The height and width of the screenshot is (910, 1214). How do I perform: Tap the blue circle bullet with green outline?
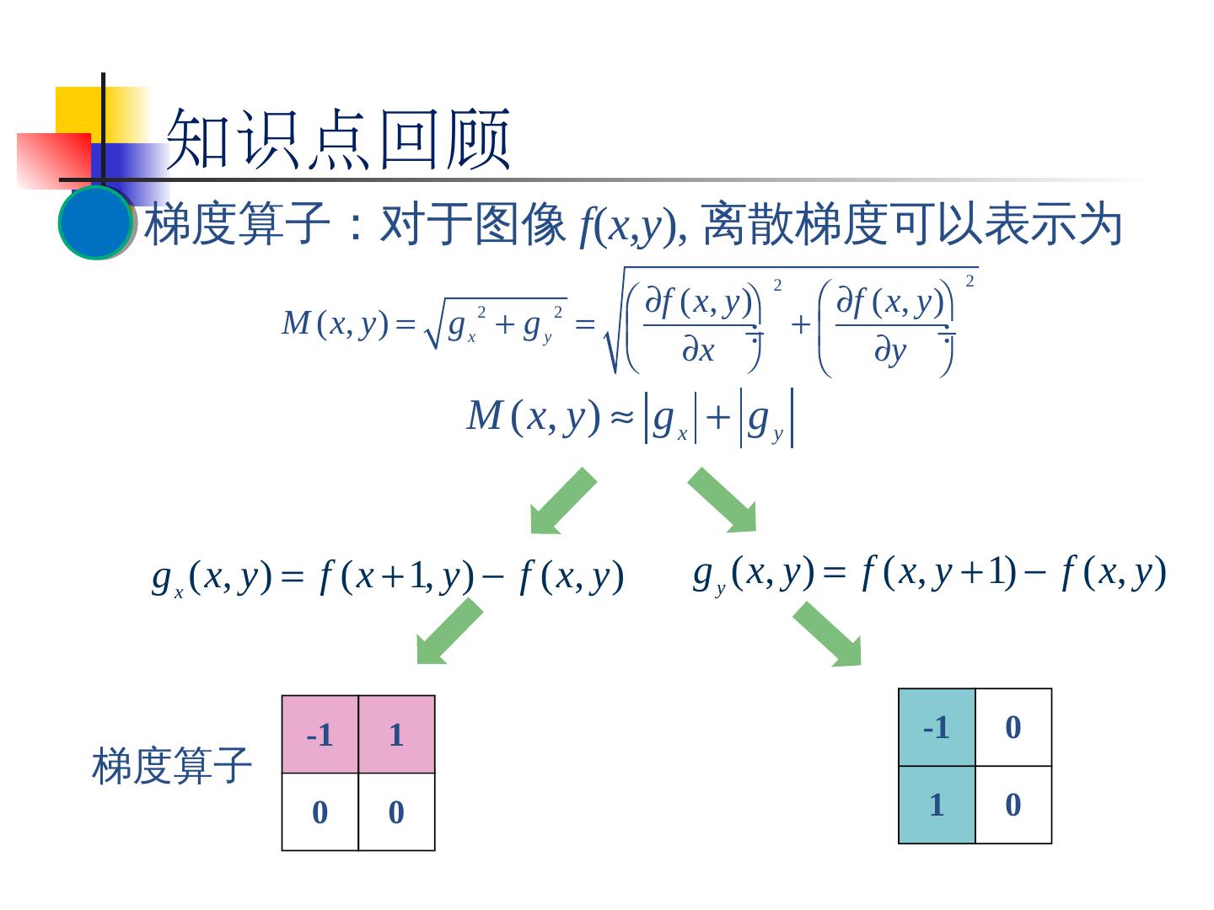click(x=95, y=222)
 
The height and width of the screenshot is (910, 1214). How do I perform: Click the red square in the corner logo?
click(x=52, y=160)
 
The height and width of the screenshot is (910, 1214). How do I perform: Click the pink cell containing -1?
click(x=320, y=735)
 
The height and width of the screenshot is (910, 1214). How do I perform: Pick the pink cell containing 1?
click(x=396, y=735)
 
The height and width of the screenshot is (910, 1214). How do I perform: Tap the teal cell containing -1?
click(x=937, y=727)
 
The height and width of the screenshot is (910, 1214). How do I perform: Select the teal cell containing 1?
click(x=937, y=805)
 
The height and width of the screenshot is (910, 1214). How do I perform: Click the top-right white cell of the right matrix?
click(x=1013, y=727)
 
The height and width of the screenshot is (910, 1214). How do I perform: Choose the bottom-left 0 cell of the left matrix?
click(x=320, y=812)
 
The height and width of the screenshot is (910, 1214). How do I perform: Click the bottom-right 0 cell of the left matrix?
click(x=396, y=812)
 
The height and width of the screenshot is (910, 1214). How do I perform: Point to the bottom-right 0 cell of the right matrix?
click(x=1013, y=805)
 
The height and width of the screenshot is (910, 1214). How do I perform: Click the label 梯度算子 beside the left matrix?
click(x=172, y=766)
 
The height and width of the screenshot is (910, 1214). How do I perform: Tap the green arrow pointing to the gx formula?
click(x=561, y=502)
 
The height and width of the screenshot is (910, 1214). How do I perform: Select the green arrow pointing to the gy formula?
click(x=724, y=500)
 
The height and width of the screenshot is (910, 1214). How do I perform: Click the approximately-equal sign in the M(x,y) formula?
click(x=621, y=417)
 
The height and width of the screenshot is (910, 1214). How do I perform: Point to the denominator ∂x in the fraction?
click(x=698, y=351)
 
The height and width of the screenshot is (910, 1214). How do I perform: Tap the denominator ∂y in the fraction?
click(x=889, y=351)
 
